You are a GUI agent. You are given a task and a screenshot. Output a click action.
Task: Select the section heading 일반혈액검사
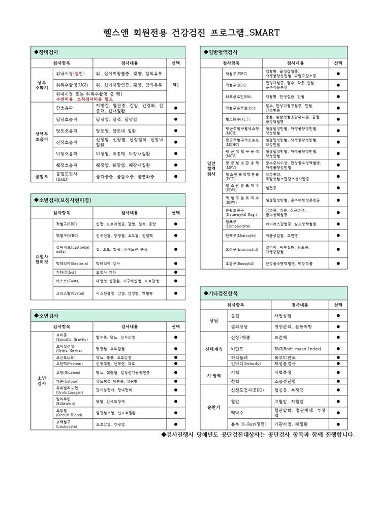(x=222, y=52)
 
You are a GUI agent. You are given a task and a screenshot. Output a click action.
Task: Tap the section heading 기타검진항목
(x=222, y=293)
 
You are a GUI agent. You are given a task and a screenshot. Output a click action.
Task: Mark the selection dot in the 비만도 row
(x=338, y=349)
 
